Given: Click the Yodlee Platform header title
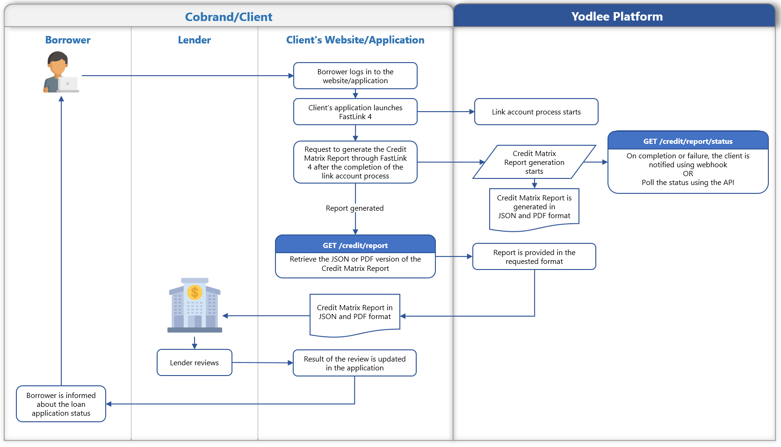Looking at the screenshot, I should click(x=617, y=17).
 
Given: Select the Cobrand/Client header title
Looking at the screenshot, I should click(x=228, y=17).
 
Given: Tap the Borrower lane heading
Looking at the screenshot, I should click(x=68, y=40).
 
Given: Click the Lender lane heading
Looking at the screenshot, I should click(x=194, y=40).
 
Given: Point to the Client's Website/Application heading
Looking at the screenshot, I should click(x=355, y=40).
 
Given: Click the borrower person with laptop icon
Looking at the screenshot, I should click(x=60, y=72).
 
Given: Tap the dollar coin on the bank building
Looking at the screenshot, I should click(x=195, y=293).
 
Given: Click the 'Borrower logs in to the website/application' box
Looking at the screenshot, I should click(x=355, y=76).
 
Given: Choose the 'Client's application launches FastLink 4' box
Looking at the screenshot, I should click(x=355, y=112).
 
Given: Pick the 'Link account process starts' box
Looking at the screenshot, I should click(x=536, y=112).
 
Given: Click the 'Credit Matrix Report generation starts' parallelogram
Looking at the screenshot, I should click(x=534, y=162).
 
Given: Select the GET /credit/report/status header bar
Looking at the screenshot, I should click(x=687, y=141).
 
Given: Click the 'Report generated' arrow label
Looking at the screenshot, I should click(x=354, y=208).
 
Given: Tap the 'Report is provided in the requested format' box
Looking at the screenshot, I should click(x=534, y=257).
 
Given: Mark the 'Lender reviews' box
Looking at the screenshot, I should click(x=194, y=363).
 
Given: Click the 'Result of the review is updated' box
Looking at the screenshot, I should click(x=354, y=363).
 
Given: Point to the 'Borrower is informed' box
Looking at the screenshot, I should click(x=61, y=404).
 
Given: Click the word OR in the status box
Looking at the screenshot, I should click(x=687, y=174).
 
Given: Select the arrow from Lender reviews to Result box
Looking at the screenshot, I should click(x=262, y=362).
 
